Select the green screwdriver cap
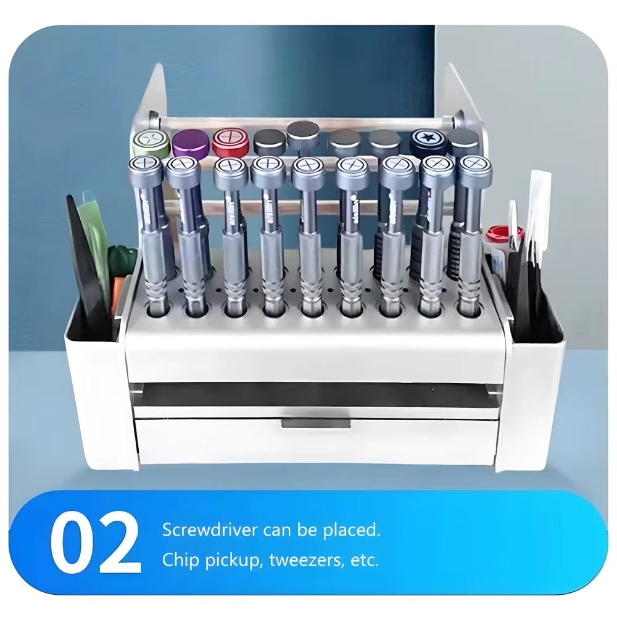point(150,143)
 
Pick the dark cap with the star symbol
point(428,141)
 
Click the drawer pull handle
point(316,423)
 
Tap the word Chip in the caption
point(178,560)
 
